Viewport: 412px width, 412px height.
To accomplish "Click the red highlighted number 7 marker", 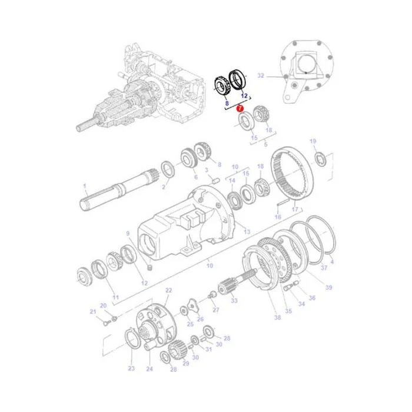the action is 240,108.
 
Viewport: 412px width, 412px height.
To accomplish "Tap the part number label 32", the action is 260,76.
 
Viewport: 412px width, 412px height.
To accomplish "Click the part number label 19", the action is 313,141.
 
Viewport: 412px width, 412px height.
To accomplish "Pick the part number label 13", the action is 247,231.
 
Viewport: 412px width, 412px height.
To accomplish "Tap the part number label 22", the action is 169,290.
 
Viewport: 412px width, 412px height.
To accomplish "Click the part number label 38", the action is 277,317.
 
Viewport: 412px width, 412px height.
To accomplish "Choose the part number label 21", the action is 93,311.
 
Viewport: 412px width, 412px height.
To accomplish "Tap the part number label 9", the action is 128,233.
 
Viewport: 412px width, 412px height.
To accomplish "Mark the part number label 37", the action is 324,267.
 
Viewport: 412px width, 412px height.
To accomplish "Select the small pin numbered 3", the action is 215,181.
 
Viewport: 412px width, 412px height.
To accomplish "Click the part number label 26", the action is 200,319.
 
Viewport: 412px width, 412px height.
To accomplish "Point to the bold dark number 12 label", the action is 244,95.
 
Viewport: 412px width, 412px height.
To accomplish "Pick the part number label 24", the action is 149,369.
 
